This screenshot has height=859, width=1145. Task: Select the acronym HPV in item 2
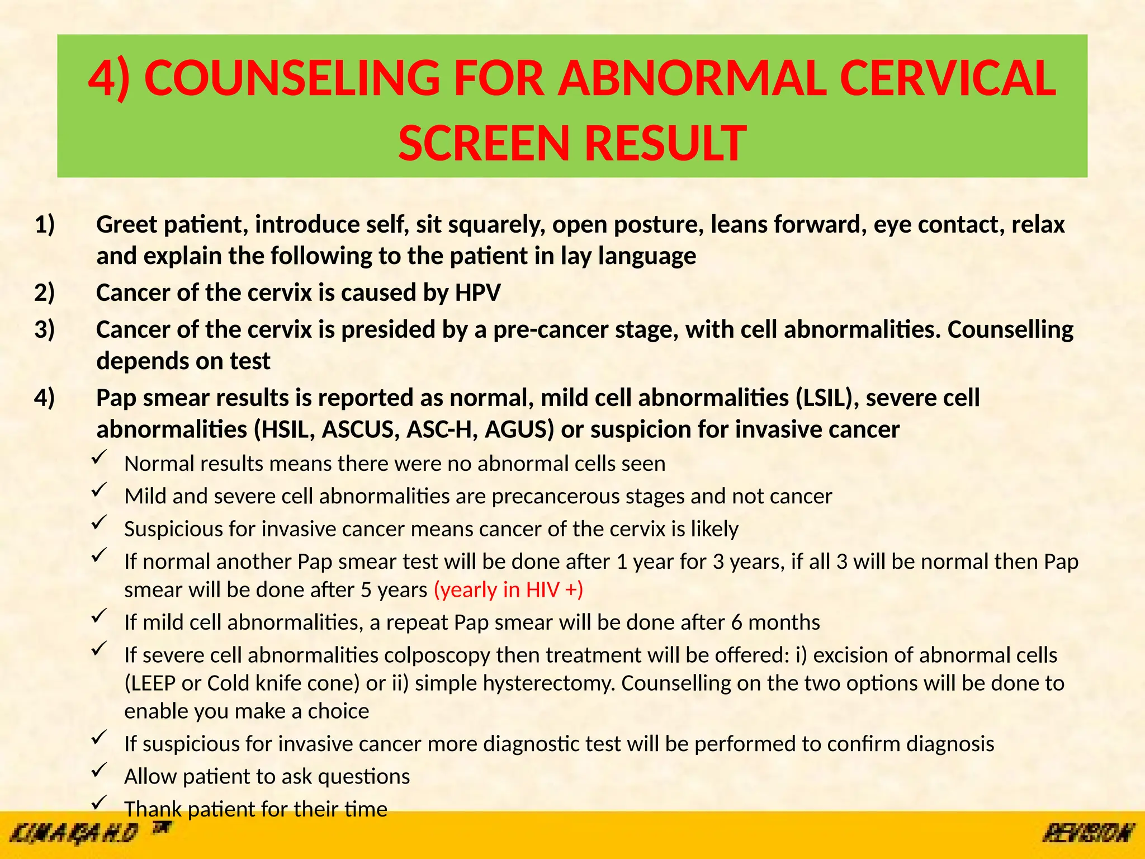(x=477, y=293)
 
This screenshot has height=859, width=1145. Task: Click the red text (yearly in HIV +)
(x=508, y=590)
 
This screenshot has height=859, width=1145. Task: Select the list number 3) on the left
(x=45, y=330)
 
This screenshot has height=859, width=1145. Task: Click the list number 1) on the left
(x=45, y=225)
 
